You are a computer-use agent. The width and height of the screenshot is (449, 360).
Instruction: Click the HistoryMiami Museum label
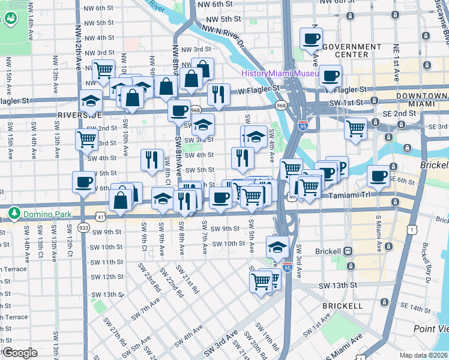[280, 73]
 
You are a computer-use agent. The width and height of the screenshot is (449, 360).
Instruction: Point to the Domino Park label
[48, 214]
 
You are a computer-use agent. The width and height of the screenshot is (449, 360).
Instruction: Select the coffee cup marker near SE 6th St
[379, 176]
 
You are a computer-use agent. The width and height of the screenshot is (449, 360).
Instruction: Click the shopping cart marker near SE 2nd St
[356, 128]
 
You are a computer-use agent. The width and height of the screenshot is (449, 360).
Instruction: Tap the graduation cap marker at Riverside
[91, 100]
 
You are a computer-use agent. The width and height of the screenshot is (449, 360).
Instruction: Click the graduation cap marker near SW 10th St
[277, 247]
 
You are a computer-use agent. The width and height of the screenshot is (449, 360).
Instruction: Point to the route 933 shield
[83, 227]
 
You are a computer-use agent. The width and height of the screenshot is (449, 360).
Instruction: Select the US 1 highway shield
[411, 228]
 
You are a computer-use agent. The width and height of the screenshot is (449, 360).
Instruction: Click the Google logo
[20, 353]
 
